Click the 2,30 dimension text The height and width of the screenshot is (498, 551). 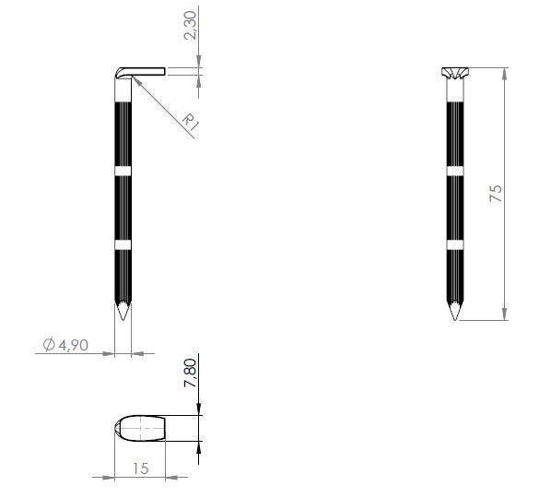click(190, 24)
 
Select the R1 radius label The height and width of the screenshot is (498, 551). click(190, 122)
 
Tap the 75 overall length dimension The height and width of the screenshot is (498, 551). click(496, 193)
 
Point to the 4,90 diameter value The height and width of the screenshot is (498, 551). click(72, 345)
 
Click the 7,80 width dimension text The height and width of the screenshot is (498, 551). click(190, 373)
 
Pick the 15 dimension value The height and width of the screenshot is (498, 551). click(139, 468)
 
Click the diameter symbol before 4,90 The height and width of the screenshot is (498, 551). click(49, 345)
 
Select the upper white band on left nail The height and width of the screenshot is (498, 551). click(123, 171)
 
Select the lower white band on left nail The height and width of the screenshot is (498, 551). click(123, 244)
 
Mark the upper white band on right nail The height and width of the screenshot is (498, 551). click(453, 171)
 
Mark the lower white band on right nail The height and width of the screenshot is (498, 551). click(453, 244)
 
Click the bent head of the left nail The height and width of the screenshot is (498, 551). click(139, 72)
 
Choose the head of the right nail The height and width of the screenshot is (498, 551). click(453, 73)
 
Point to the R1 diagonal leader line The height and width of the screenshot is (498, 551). click(161, 107)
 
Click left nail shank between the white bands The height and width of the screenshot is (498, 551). click(123, 207)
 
